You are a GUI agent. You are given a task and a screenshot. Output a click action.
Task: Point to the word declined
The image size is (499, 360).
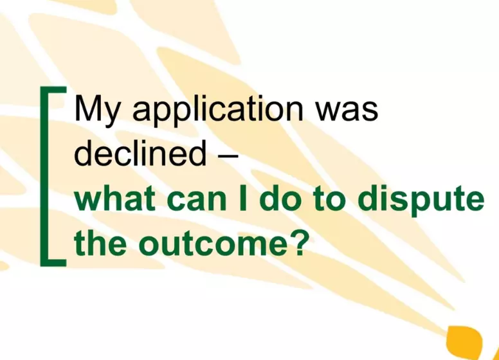tap(137, 154)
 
